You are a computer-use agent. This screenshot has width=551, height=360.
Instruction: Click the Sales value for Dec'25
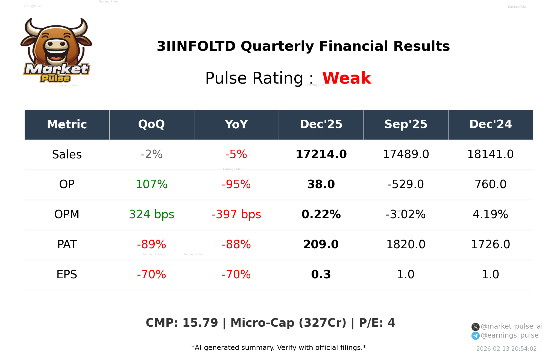tap(321, 154)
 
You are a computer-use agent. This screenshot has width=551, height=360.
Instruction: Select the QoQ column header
tap(151, 125)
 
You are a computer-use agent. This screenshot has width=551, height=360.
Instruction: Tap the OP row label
tap(67, 184)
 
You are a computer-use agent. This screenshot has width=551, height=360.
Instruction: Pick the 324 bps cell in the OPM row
tap(151, 214)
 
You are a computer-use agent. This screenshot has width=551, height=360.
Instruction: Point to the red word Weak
tap(347, 78)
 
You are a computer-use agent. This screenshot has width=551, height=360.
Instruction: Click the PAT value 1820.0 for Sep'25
tap(406, 244)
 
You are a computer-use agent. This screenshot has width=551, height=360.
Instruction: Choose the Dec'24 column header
tap(490, 125)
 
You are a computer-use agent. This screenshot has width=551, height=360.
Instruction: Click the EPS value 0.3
tap(321, 275)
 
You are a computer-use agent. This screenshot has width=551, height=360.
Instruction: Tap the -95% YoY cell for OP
tap(236, 184)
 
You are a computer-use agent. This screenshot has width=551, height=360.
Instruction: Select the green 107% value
tap(151, 184)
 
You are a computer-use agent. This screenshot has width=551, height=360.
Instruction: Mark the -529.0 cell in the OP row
tap(406, 184)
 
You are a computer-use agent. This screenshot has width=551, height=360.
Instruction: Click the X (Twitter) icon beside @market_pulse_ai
tap(475, 327)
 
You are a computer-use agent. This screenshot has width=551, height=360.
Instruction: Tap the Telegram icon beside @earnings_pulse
tap(475, 336)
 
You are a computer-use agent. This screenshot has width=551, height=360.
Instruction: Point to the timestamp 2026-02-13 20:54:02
tap(506, 349)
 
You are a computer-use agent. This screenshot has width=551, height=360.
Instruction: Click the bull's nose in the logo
tap(56, 44)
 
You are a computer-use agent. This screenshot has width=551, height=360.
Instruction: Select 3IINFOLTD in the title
tap(196, 46)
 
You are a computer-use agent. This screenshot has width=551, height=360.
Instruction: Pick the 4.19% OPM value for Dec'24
tap(490, 214)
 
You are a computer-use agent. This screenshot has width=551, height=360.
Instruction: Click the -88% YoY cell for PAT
tap(236, 244)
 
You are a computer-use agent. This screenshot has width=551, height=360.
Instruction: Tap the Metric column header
tap(67, 125)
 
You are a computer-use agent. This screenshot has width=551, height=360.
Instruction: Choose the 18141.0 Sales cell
tap(490, 154)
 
